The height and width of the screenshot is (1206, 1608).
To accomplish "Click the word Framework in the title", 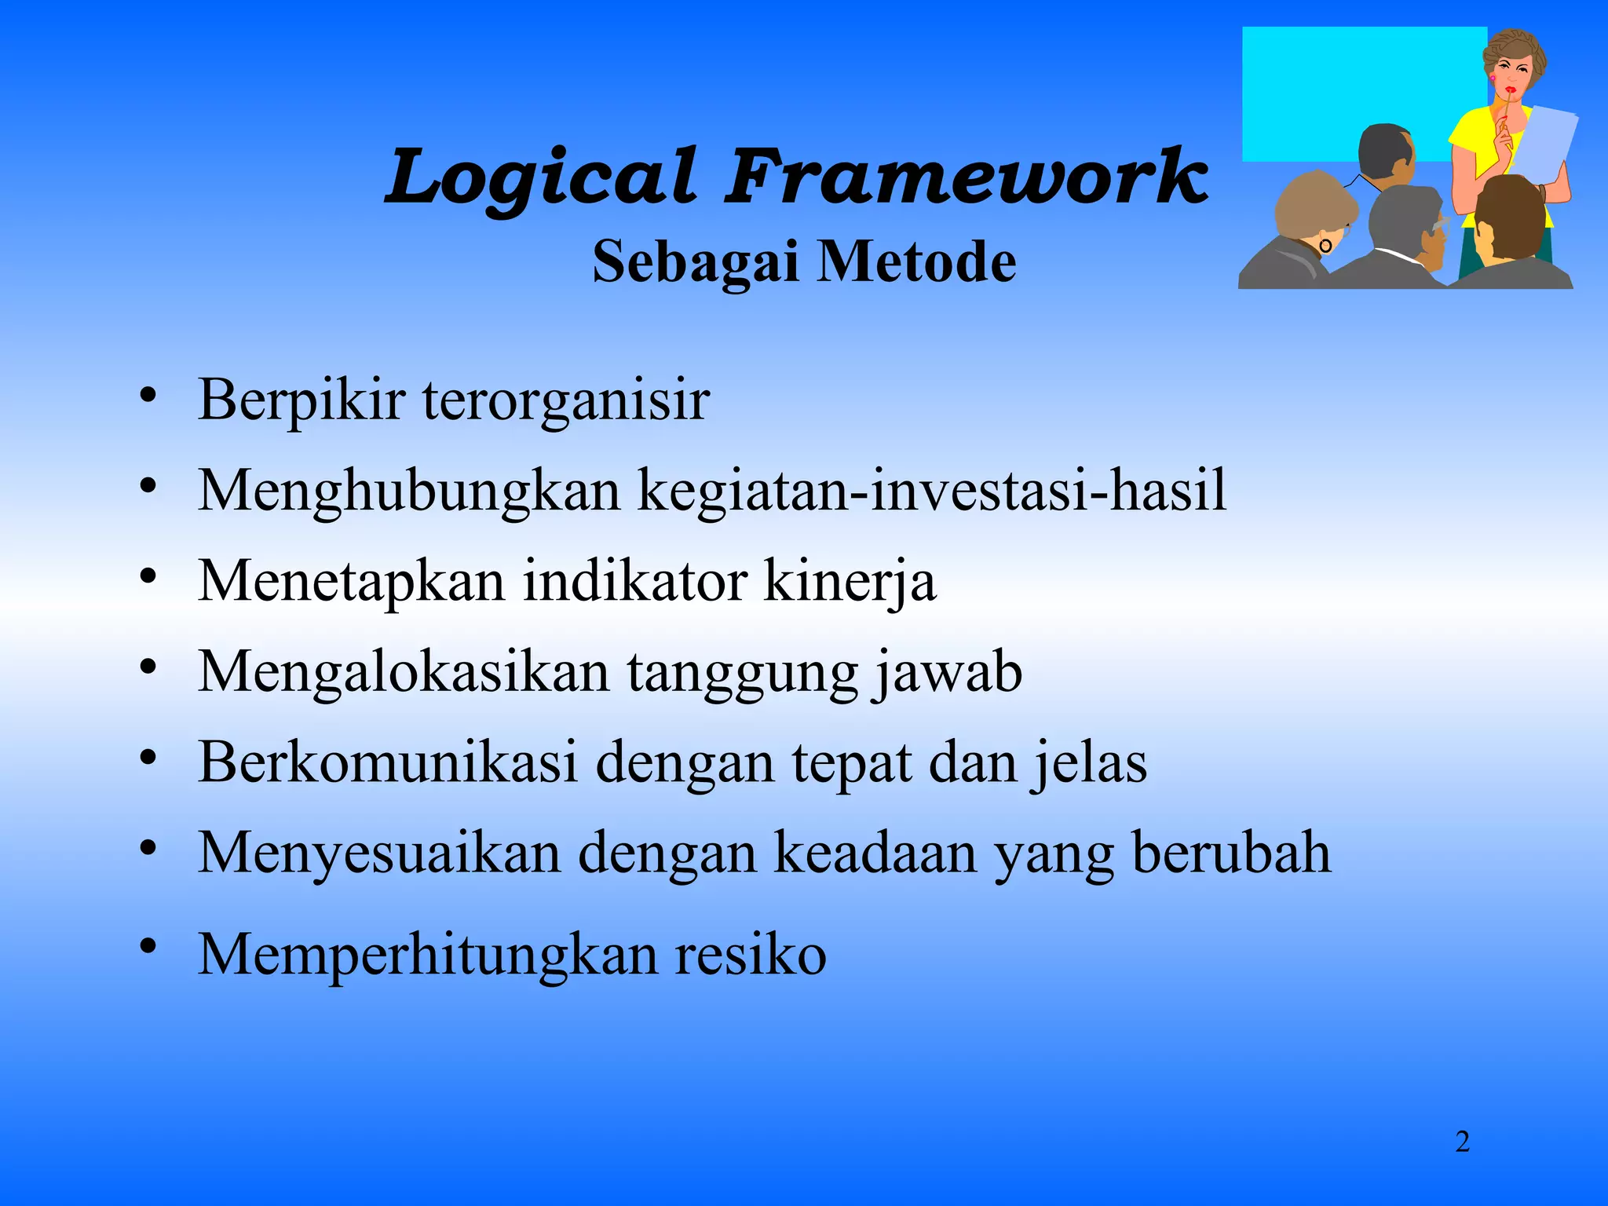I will click(966, 177).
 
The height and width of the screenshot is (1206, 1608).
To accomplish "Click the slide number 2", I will click(1462, 1142).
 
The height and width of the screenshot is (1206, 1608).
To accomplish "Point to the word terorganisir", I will click(565, 400).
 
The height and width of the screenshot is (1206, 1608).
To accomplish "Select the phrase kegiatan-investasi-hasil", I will click(931, 490).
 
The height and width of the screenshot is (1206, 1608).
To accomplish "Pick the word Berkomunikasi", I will click(388, 762).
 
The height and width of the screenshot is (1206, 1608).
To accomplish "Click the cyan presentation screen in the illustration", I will click(1335, 86).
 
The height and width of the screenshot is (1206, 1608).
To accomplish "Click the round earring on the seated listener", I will click(1325, 246).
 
